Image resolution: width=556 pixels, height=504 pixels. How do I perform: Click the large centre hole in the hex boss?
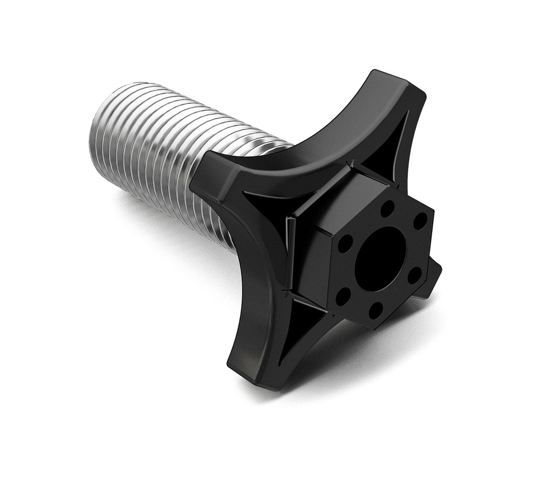(380, 254)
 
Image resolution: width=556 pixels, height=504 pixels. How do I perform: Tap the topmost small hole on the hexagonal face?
(387, 209)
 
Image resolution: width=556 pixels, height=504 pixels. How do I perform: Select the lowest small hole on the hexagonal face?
(375, 310)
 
